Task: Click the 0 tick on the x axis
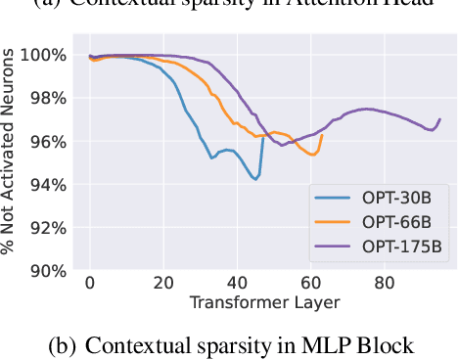coord(90,284)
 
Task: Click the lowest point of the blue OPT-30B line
coord(256,180)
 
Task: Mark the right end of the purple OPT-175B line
coord(440,118)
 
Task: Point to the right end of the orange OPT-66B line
coord(321,135)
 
